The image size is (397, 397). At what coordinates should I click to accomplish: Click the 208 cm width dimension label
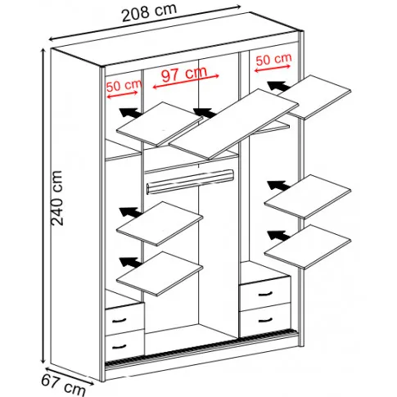click(x=149, y=13)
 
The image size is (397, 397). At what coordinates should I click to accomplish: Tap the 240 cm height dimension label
click(x=57, y=198)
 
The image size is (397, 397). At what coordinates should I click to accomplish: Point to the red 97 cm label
click(x=184, y=73)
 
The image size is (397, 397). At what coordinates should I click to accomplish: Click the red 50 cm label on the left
click(x=124, y=85)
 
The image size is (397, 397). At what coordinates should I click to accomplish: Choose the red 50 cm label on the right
click(x=273, y=59)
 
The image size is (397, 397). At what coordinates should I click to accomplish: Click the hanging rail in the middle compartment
click(x=190, y=181)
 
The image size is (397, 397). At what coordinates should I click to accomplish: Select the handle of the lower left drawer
click(x=119, y=346)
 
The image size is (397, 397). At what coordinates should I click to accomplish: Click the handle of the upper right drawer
click(x=265, y=294)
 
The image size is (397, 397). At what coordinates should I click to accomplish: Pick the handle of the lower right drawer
click(x=265, y=320)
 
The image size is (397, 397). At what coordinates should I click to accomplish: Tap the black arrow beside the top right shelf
click(x=278, y=86)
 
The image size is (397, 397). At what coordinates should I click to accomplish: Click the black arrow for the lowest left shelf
click(x=130, y=262)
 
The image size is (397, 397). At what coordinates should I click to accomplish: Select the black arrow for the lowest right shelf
click(x=278, y=236)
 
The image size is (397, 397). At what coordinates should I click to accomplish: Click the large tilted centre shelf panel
click(x=234, y=124)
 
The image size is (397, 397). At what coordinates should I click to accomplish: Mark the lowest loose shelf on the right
click(x=308, y=247)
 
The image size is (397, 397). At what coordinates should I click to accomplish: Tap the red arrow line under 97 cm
click(x=186, y=81)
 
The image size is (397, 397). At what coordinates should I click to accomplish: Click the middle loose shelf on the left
click(x=160, y=223)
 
